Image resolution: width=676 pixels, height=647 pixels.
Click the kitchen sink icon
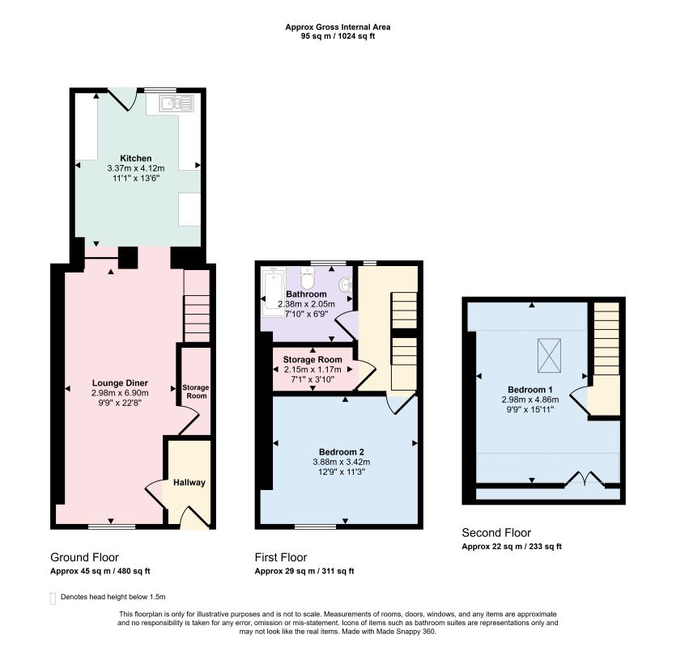pyautogui.click(x=176, y=104)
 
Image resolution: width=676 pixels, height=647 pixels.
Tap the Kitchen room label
pyautogui.click(x=136, y=158)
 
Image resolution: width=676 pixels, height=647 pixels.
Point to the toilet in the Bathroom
pyautogui.click(x=308, y=279)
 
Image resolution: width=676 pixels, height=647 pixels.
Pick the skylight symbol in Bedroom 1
pyautogui.click(x=549, y=355)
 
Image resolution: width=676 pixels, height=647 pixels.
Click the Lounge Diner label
pyautogui.click(x=120, y=383)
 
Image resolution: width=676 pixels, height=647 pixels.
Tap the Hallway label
pyautogui.click(x=189, y=483)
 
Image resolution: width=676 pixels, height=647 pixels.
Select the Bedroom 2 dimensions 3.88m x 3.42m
pyautogui.click(x=342, y=462)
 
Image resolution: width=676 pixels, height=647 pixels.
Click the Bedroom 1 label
pyautogui.click(x=529, y=390)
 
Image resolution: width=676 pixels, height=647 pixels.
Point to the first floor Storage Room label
pyautogui.click(x=312, y=360)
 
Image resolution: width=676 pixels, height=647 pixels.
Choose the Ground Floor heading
pyautogui.click(x=84, y=557)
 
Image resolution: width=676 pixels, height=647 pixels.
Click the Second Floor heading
pyautogui.click(x=496, y=533)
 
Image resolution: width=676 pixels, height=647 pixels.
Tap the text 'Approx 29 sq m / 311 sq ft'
pyautogui.click(x=304, y=571)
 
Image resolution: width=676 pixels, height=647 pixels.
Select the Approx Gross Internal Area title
pyautogui.click(x=338, y=27)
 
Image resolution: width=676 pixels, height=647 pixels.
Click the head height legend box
pyautogui.click(x=53, y=598)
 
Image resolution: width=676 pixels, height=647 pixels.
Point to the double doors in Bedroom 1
pyautogui.click(x=585, y=479)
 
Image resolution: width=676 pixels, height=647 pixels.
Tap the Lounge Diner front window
pyautogui.click(x=112, y=526)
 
